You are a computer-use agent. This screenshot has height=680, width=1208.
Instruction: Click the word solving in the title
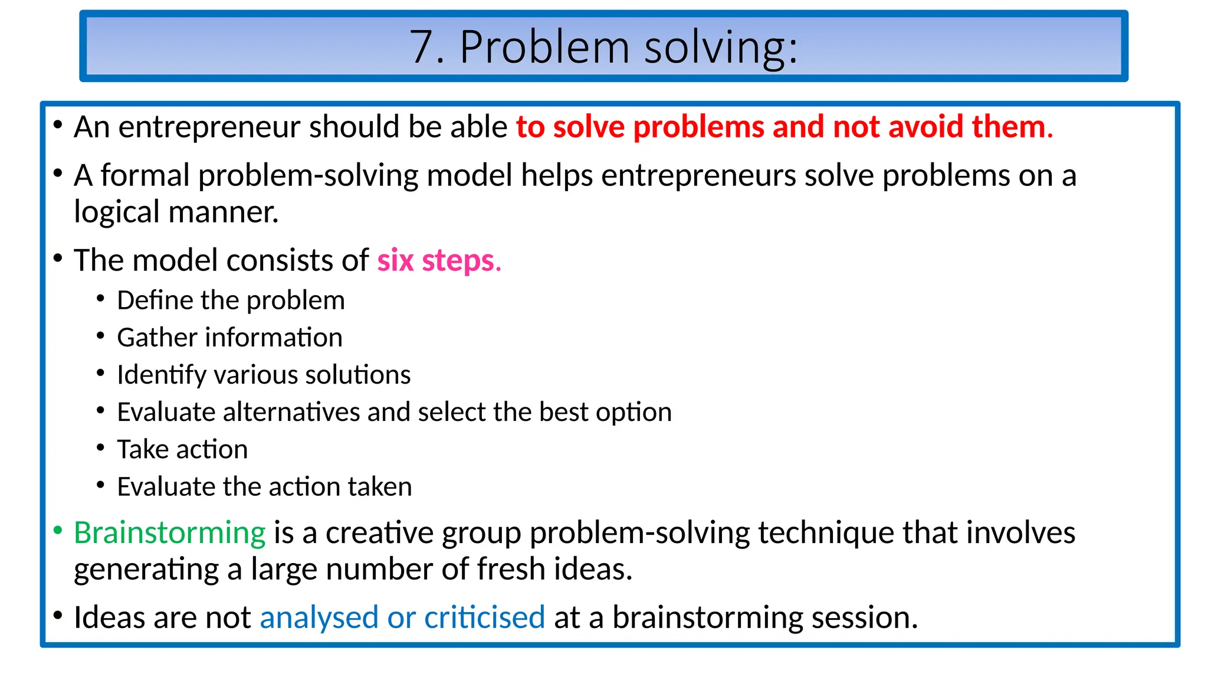click(721, 47)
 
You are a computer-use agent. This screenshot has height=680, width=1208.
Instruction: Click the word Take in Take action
click(143, 450)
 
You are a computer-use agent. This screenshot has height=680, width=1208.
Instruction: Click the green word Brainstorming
click(170, 533)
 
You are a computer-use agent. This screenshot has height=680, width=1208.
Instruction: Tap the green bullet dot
click(58, 531)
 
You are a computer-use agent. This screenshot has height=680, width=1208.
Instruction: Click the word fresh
click(511, 570)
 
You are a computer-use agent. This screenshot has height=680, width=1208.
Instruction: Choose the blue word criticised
click(484, 618)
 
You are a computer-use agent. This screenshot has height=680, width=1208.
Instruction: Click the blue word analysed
click(319, 618)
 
